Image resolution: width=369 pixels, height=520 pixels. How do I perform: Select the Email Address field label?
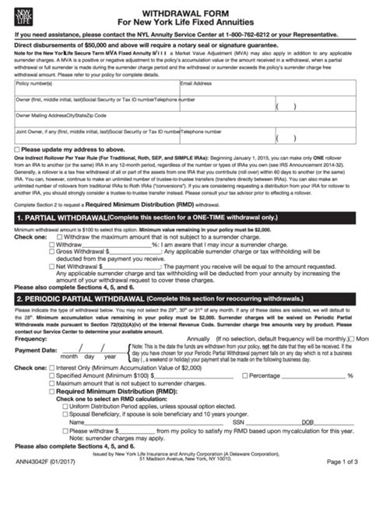pos(196,82)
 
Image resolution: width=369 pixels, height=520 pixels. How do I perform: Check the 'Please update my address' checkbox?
pos(19,148)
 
